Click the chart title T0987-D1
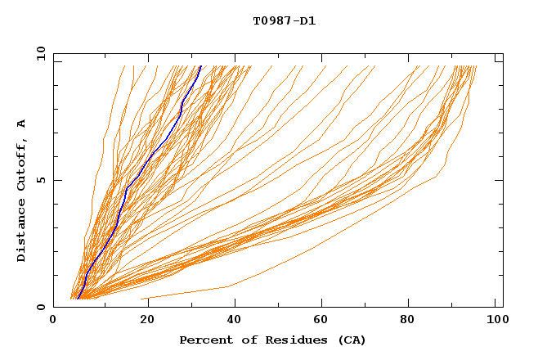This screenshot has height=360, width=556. [x=284, y=20]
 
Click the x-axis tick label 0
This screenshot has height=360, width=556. [x=53, y=321]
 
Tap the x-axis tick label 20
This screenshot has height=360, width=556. [x=142, y=321]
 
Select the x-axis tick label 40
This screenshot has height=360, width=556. [x=231, y=321]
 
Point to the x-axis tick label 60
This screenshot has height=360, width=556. [x=321, y=321]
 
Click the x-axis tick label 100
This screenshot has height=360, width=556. [x=495, y=321]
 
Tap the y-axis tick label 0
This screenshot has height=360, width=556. [x=41, y=307]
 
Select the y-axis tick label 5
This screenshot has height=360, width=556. [x=41, y=180]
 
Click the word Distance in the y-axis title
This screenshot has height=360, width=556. [x=21, y=232]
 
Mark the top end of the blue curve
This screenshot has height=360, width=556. [x=201, y=66]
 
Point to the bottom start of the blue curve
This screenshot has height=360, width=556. [x=77, y=299]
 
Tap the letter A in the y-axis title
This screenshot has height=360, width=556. [x=21, y=124]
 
